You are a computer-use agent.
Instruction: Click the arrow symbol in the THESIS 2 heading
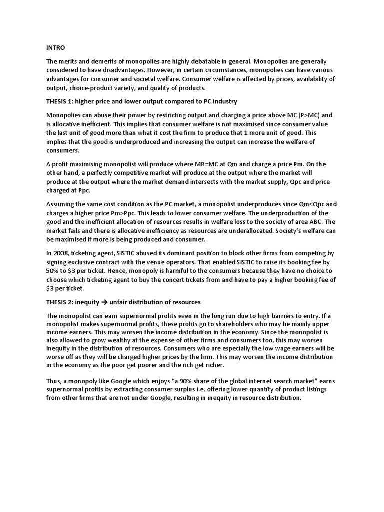[x=111, y=302]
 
